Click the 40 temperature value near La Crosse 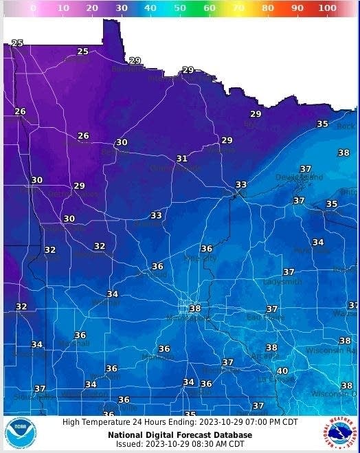point(282,371)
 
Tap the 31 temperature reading point(181,159)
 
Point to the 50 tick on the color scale point(180,8)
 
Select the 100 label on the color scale point(327,8)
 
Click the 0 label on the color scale point(34,8)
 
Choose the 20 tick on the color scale point(92,8)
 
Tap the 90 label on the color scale point(297,8)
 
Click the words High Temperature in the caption point(91,423)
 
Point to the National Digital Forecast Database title point(180,434)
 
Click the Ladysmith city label point(282,282)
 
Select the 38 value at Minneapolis point(195,309)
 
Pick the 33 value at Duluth point(240,185)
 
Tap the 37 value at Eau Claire point(272,309)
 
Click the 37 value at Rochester point(227,362)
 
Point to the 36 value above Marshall point(80,335)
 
